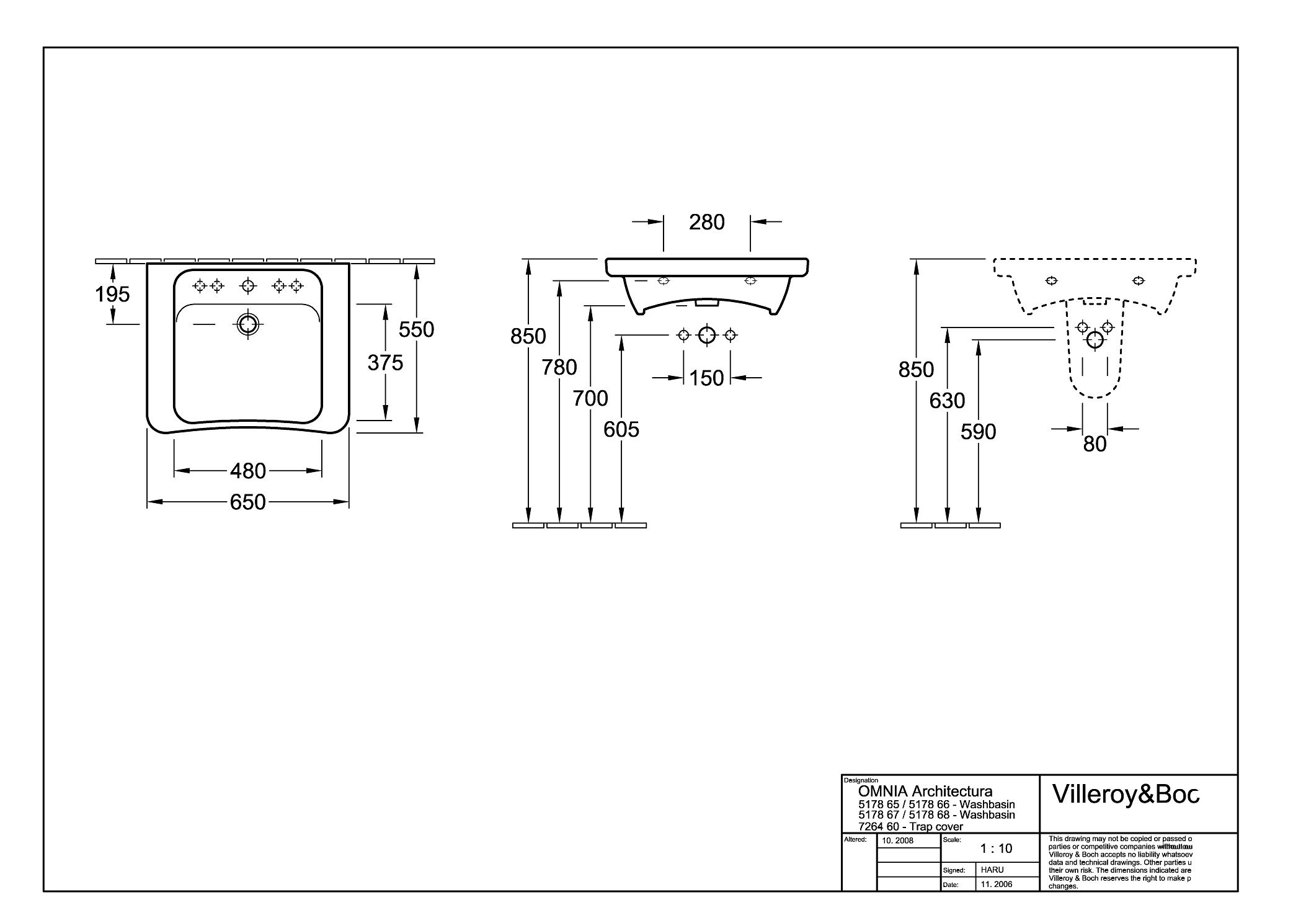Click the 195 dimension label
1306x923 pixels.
[x=112, y=294]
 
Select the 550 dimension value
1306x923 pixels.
[x=416, y=329]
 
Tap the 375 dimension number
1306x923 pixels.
[x=385, y=362]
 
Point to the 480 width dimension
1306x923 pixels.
[x=248, y=471]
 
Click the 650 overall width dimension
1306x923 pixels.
[x=248, y=502]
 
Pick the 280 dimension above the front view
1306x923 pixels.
[x=707, y=222]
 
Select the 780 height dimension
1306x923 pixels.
[x=559, y=368]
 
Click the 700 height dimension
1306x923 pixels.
[x=590, y=398]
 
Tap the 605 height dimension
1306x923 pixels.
[x=621, y=429]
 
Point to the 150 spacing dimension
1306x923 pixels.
[x=707, y=378]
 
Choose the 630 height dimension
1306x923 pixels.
[x=947, y=401]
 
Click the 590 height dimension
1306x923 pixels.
[x=979, y=432]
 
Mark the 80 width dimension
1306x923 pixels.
[x=1095, y=444]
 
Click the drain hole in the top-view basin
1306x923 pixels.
[x=248, y=324]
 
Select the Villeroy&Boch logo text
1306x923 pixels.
[x=1126, y=795]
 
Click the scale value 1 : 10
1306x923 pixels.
[x=996, y=849]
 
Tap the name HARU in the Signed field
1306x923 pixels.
[x=992, y=870]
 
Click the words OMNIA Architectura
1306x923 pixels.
[x=925, y=791]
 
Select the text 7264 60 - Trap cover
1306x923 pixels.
[x=911, y=826]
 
